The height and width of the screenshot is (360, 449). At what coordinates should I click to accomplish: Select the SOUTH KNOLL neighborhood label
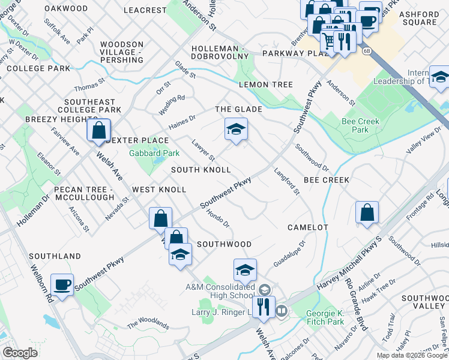tap(200, 170)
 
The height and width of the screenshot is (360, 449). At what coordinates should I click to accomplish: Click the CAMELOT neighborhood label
tap(307, 227)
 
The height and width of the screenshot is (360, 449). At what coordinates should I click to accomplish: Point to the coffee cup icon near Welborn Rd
tap(62, 284)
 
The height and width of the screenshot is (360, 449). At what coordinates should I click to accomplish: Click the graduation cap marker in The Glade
tap(236, 128)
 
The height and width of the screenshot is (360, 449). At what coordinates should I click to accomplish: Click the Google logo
tap(20, 353)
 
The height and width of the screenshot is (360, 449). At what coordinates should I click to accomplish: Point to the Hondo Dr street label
tap(217, 218)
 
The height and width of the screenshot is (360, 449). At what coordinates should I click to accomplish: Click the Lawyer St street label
tap(203, 151)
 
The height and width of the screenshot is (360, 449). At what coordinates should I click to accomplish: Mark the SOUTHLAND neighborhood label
tap(55, 256)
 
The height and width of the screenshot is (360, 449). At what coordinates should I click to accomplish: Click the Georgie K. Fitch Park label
tap(324, 317)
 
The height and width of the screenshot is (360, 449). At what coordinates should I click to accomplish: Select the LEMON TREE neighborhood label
tap(265, 85)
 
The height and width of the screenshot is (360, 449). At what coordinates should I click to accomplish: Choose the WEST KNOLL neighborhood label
tap(159, 190)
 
